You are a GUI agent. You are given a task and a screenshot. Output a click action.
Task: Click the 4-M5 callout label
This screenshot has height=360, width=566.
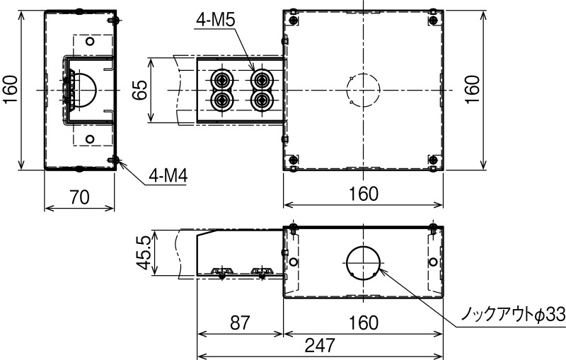pos(216,20)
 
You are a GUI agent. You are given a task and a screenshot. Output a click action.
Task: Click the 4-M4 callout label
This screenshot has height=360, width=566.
pos(168,177)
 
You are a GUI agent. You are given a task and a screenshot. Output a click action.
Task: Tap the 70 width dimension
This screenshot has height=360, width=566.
pos(79,197)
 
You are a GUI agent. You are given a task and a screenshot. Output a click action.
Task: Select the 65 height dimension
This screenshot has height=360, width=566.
pos(139,90)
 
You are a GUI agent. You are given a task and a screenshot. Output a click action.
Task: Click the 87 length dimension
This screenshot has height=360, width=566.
pos(240,323)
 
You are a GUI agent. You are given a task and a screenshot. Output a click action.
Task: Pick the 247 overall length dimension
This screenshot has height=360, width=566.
pos(320,345)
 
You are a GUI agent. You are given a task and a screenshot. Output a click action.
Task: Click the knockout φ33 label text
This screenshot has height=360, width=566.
pos(514,315)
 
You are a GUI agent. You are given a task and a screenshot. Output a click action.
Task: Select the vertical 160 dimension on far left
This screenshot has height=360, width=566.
pos(11,90)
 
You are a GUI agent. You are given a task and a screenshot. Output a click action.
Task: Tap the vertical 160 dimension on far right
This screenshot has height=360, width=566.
pos(473,90)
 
